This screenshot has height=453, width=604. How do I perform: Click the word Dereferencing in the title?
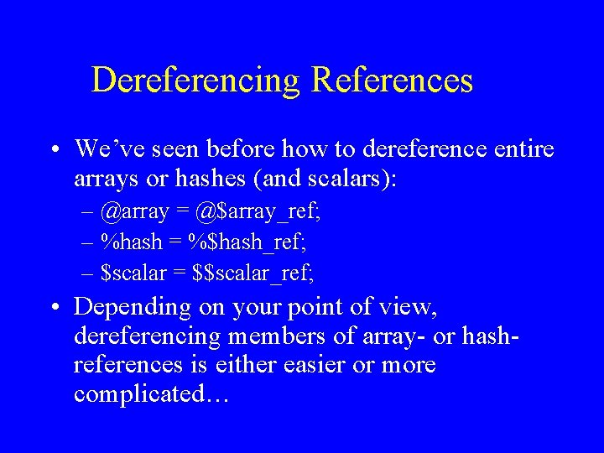195,81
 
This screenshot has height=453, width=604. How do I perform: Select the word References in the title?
393,81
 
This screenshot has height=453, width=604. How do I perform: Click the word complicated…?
151,394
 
